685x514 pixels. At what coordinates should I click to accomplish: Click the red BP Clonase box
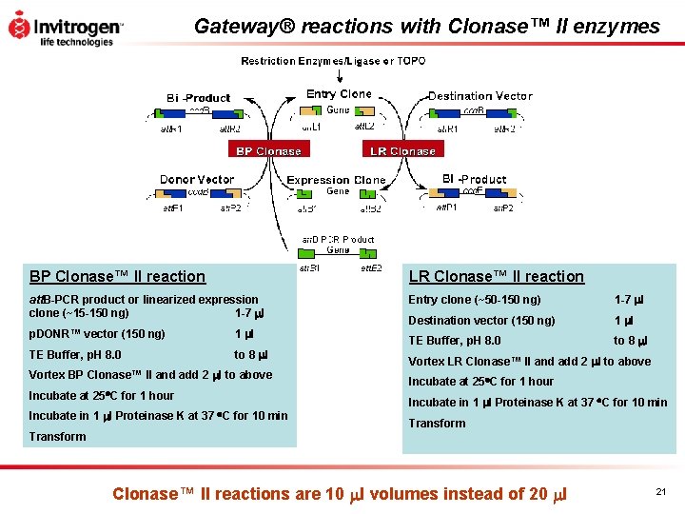pos(268,150)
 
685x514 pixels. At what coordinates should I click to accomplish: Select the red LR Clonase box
pos(403,150)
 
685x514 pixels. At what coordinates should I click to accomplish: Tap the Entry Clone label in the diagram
pos(339,94)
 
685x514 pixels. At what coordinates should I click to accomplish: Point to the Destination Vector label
pos(479,96)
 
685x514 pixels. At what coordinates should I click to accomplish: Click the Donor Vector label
pos(197,179)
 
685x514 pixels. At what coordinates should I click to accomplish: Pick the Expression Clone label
pos(336,180)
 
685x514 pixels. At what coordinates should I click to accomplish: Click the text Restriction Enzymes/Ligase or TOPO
pos(333,61)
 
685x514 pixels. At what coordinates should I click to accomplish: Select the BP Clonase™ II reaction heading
pos(117,276)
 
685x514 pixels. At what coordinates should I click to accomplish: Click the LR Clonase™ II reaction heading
pos(496,276)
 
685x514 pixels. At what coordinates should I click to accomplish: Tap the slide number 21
pos(660,490)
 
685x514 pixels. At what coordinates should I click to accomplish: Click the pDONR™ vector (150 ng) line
pos(97,334)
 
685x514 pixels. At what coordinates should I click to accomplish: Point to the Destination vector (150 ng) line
pos(481,321)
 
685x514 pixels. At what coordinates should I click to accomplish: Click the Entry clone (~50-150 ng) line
pos(474,300)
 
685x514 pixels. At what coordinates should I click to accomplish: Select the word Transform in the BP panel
pos(57,437)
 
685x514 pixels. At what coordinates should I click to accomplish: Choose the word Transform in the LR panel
pos(437,424)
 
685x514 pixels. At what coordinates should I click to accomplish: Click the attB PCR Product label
pos(338,239)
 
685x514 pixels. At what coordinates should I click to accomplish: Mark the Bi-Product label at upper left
pos(198,98)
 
